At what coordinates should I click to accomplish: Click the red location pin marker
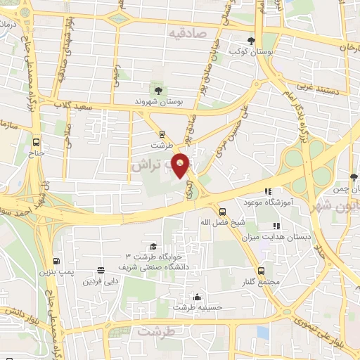pos(182,165)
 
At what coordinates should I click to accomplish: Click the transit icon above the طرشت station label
pos(162,133)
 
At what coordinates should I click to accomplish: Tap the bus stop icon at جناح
pos(37,140)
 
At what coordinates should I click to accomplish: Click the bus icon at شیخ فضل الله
pos(222,211)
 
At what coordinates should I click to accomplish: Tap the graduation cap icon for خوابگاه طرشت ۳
pos(153,245)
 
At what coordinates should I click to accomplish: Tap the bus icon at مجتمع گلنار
pos(262,271)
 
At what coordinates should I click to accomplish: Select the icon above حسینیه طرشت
pos(197,297)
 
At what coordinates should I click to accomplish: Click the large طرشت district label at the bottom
pos(155,330)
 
